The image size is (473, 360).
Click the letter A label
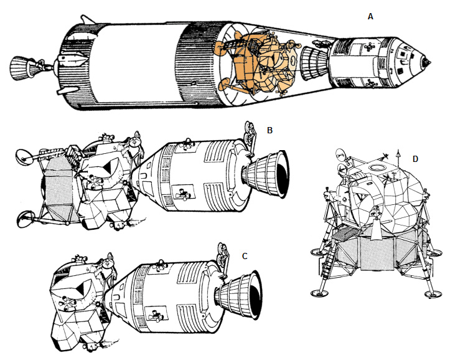coord(370,17)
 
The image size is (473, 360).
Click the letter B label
coord(269,130)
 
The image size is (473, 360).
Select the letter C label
coord(245,256)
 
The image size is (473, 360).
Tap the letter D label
coord(415,159)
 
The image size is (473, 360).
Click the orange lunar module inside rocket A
coord(258,65)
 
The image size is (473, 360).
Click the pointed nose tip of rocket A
coord(428,62)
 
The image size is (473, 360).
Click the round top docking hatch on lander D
coord(377,168)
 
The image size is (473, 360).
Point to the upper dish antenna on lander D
coord(341,155)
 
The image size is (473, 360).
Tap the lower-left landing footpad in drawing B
coord(25,219)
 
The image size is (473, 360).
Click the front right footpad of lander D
coord(433,294)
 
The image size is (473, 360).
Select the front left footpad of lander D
coord(319,293)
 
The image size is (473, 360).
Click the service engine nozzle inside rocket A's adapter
coord(314,63)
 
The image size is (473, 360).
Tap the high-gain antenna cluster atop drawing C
coord(223,253)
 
